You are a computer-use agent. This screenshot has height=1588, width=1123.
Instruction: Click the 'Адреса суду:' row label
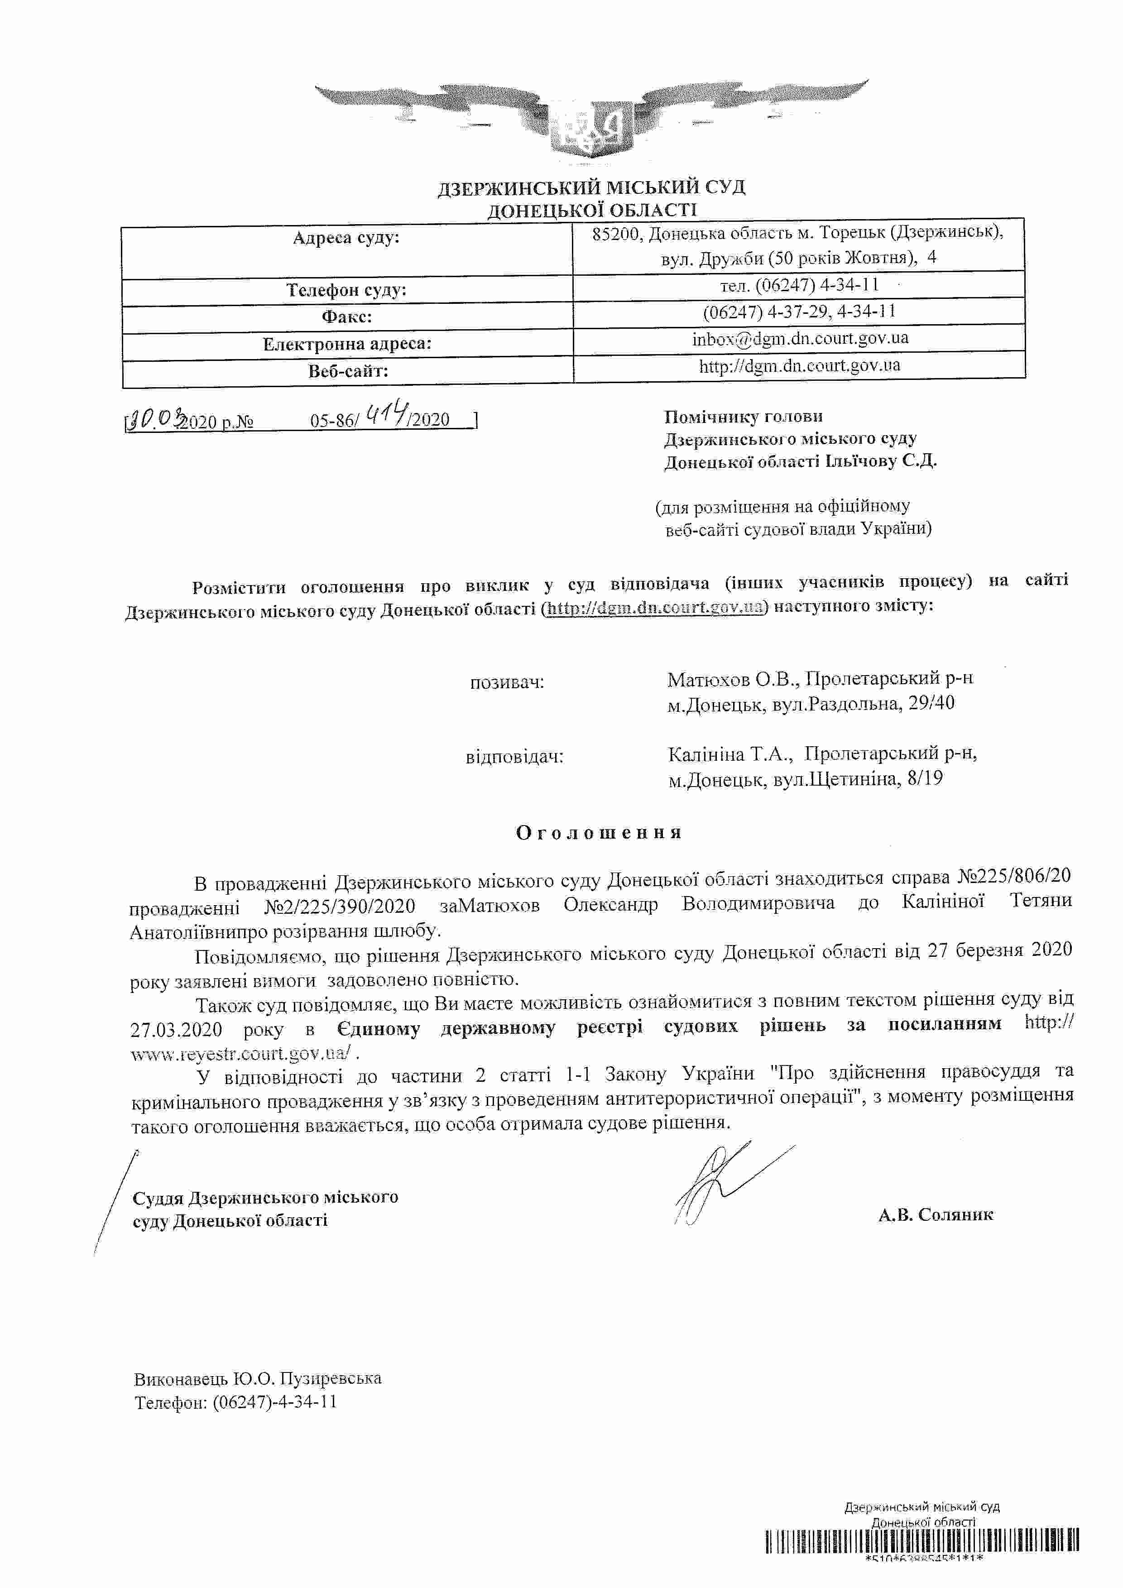pyautogui.click(x=346, y=239)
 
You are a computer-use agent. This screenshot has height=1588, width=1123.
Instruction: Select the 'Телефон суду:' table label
pyautogui.click(x=346, y=290)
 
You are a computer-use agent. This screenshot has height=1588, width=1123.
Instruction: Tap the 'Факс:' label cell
pyautogui.click(x=346, y=317)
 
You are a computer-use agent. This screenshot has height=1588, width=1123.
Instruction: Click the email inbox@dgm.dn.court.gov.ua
pyautogui.click(x=800, y=338)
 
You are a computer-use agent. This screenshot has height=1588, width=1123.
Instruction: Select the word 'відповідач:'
pyautogui.click(x=514, y=757)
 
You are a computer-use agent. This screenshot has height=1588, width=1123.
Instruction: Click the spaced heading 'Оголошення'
pyautogui.click(x=599, y=832)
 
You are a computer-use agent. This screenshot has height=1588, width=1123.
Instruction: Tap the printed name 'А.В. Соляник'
pyautogui.click(x=936, y=1214)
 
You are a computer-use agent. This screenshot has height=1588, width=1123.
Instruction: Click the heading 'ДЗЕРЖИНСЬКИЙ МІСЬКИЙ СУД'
pyautogui.click(x=591, y=187)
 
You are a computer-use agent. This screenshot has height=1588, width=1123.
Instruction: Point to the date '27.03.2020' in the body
pyautogui.click(x=176, y=1030)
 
